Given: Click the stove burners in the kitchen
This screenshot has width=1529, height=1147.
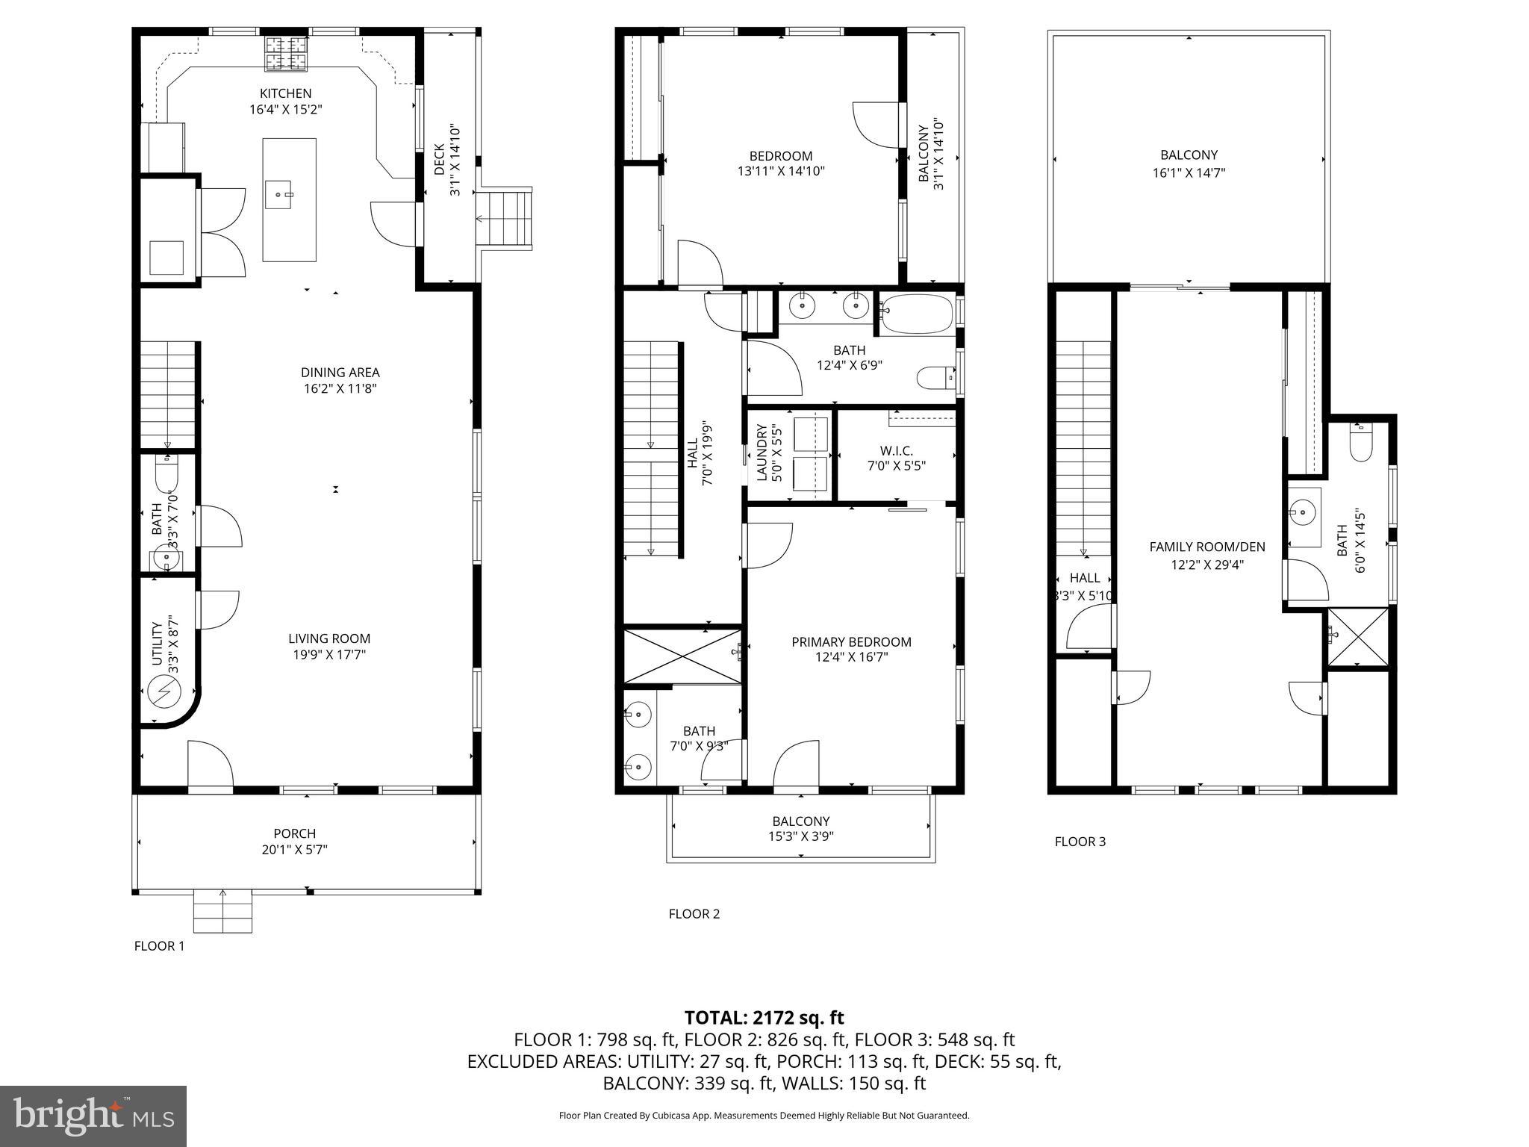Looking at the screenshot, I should tap(286, 54).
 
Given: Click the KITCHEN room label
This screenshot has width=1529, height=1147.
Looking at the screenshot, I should tap(285, 93).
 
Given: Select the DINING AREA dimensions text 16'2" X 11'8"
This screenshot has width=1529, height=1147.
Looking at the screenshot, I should tap(340, 388).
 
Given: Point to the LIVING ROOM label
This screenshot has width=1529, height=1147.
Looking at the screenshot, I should tap(329, 638).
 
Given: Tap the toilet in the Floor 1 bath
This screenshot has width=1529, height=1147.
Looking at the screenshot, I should tap(166, 471).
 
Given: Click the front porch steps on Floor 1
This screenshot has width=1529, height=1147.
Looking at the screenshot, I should tap(222, 911).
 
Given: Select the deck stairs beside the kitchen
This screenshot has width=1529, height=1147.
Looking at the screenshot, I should tap(506, 219).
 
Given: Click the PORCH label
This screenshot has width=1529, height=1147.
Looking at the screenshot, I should tap(294, 833).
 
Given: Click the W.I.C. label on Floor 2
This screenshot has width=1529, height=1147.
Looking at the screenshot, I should tap(896, 451).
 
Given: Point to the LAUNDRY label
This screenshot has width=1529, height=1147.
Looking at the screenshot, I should tap(762, 453).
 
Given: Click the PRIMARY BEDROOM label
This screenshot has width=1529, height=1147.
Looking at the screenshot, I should tap(851, 641).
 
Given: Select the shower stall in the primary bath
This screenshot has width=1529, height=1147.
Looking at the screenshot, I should tap(682, 656).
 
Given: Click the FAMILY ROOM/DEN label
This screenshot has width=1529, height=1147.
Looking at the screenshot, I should tap(1206, 547).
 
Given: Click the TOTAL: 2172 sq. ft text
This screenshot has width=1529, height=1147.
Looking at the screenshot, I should tap(764, 1017).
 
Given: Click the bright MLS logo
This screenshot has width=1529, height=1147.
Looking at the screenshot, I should tap(93, 1116).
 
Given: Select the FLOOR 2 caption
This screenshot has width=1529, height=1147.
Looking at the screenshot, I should tap(694, 913).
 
